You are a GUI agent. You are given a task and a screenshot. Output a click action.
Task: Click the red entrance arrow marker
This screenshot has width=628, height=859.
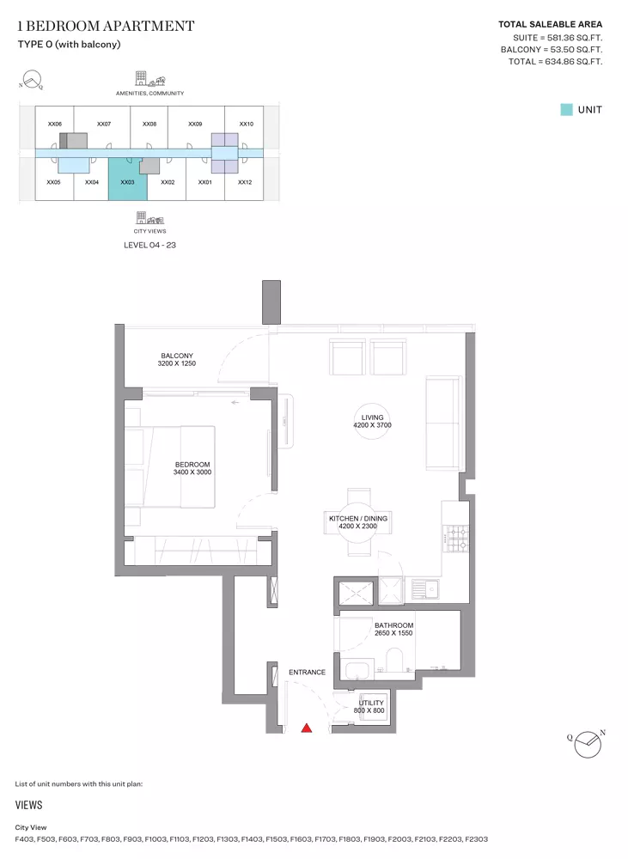pyautogui.click(x=307, y=728)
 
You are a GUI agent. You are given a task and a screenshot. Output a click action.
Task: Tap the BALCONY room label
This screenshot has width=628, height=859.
pyautogui.click(x=176, y=356)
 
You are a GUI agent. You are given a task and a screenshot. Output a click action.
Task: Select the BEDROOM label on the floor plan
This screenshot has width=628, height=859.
pyautogui.click(x=192, y=465)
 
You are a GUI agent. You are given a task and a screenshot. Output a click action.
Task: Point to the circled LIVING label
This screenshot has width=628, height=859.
pyautogui.click(x=372, y=417)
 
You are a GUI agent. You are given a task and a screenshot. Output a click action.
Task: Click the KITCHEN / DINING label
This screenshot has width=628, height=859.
pyautogui.click(x=358, y=518)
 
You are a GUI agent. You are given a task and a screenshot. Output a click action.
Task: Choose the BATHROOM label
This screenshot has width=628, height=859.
pyautogui.click(x=394, y=625)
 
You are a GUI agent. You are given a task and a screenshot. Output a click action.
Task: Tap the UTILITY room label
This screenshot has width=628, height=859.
pyautogui.click(x=371, y=703)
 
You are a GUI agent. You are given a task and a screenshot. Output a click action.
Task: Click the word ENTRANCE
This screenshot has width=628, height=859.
pyautogui.click(x=307, y=673)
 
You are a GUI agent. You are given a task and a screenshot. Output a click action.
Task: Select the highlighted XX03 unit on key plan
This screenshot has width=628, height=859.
pyautogui.click(x=128, y=180)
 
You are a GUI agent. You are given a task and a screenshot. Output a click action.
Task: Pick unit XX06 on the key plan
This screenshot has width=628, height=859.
pyautogui.click(x=55, y=124)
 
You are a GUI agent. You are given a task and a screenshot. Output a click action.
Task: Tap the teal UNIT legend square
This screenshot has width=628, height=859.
pyautogui.click(x=567, y=110)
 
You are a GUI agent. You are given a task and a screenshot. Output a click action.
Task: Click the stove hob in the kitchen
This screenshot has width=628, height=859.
pyautogui.click(x=456, y=539)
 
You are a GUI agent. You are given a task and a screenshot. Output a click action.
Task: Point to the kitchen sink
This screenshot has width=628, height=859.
pyautogui.click(x=425, y=590)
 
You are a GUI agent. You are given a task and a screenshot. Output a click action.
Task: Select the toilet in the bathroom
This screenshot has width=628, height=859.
pyautogui.click(x=394, y=660)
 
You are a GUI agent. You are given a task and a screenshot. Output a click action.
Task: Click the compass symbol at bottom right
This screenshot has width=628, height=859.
pyautogui.click(x=588, y=744)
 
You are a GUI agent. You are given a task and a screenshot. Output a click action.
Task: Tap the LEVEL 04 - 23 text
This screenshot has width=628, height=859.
pyautogui.click(x=149, y=245)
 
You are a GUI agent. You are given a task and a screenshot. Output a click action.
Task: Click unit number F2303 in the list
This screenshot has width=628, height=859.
pyautogui.click(x=476, y=838)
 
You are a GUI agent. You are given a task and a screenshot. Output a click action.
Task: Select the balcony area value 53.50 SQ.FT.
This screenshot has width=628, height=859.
pyautogui.click(x=575, y=49)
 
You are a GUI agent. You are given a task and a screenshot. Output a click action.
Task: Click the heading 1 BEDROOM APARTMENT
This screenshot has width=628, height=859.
pyautogui.click(x=106, y=26)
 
